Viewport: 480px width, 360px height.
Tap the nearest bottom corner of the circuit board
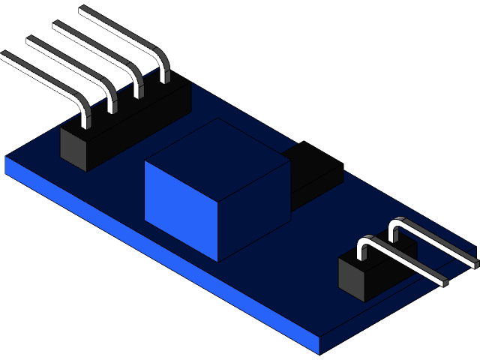[x=320, y=353]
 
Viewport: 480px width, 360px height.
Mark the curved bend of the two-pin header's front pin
[x=365, y=244]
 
